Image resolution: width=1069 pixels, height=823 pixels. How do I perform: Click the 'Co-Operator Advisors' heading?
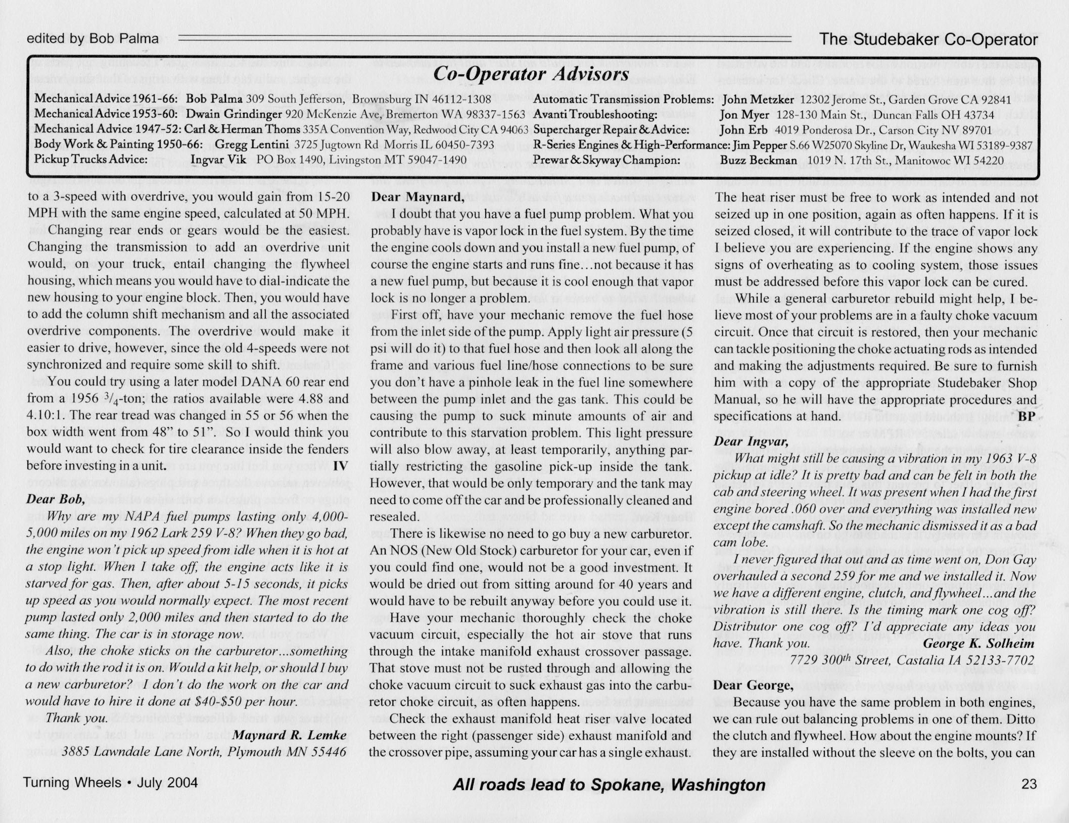pyautogui.click(x=531, y=74)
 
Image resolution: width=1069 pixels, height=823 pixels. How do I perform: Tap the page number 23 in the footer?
pyautogui.click(x=1029, y=784)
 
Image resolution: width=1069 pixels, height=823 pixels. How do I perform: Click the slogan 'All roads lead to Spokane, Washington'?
pyautogui.click(x=609, y=785)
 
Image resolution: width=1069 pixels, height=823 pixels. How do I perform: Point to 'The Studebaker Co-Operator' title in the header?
pyautogui.click(x=928, y=39)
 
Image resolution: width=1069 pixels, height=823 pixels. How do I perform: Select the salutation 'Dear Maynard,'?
pyautogui.click(x=417, y=197)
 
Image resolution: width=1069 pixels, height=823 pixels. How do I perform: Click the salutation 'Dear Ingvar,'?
pyautogui.click(x=751, y=441)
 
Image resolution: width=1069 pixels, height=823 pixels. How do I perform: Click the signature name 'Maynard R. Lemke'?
pyautogui.click(x=290, y=735)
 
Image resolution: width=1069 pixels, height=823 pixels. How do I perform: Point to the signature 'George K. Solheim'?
pyautogui.click(x=979, y=644)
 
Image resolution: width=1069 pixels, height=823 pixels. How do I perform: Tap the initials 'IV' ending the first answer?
pyautogui.click(x=341, y=465)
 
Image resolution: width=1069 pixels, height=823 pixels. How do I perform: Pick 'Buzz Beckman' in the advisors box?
pyautogui.click(x=758, y=160)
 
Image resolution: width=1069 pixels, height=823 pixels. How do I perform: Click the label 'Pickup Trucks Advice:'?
pyautogui.click(x=91, y=160)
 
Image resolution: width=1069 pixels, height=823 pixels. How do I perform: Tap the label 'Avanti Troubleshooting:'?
pyautogui.click(x=595, y=115)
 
